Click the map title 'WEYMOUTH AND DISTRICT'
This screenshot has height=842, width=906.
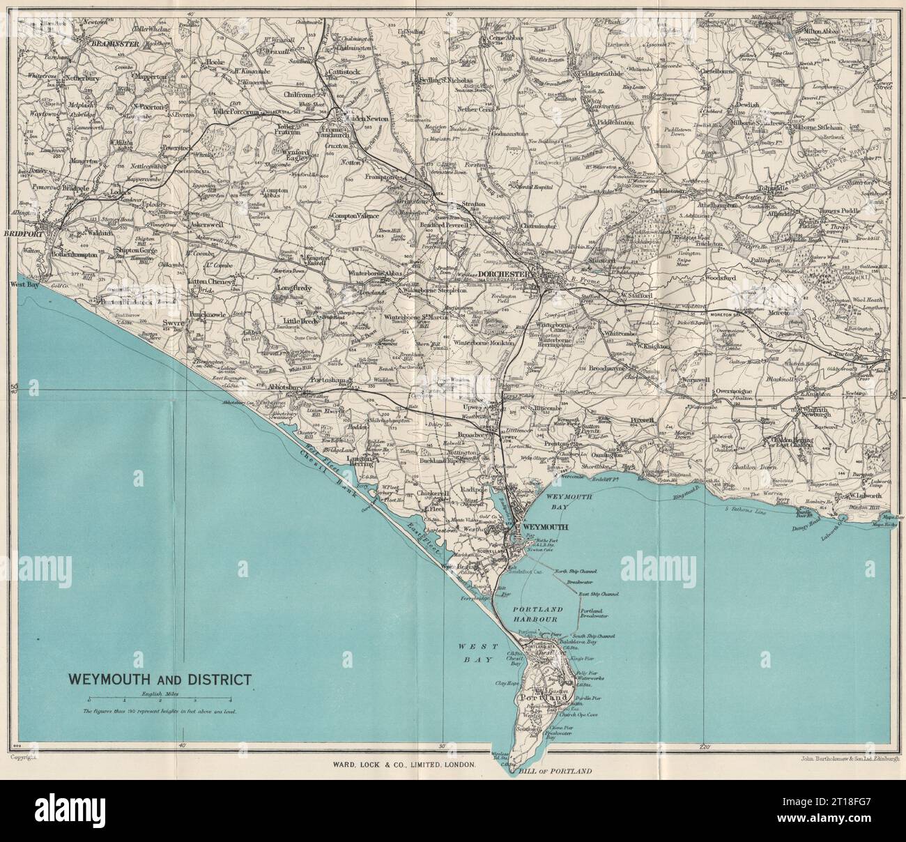point(155,679)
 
